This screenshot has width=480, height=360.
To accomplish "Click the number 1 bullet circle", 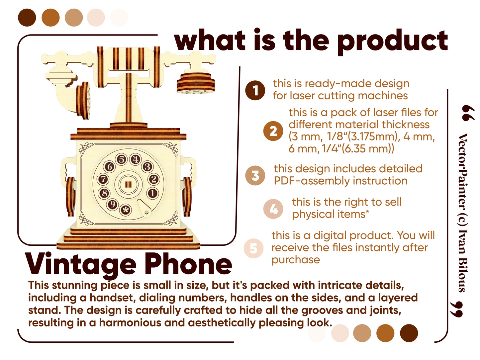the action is pyautogui.click(x=255, y=90).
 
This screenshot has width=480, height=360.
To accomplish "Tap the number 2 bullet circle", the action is pyautogui.click(x=273, y=131).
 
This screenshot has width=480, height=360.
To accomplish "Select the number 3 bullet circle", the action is pyautogui.click(x=255, y=176).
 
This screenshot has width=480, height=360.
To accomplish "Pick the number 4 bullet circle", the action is pyautogui.click(x=273, y=209).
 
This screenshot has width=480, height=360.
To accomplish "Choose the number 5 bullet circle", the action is pyautogui.click(x=253, y=248).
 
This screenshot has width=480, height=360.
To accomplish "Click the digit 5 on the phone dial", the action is pyautogui.click(x=122, y=159).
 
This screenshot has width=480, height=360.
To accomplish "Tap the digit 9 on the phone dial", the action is pyautogui.click(x=113, y=204).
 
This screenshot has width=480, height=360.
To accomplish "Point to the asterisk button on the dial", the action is pyautogui.click(x=126, y=210).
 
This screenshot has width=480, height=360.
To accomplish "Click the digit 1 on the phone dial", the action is pyautogui.click(x=152, y=193).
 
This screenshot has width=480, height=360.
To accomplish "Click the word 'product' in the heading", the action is pyautogui.click(x=393, y=42).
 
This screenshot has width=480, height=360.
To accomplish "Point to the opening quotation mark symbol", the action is pyautogui.click(x=468, y=113).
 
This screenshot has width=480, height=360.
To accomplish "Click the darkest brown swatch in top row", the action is pyautogui.click(x=27, y=18).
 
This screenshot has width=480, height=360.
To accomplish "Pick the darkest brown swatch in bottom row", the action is pyautogui.click(x=409, y=333).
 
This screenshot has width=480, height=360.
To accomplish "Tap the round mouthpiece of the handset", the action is pyautogui.click(x=196, y=84).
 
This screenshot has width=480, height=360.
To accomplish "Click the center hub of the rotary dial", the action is pyautogui.click(x=128, y=184).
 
